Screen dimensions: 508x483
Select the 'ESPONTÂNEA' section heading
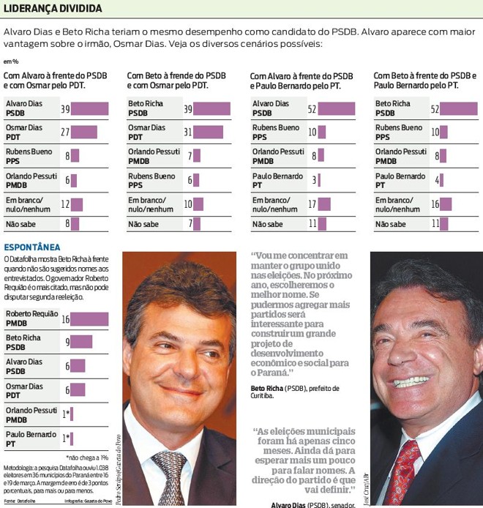(x=32, y=247)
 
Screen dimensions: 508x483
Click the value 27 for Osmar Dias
(x=64, y=132)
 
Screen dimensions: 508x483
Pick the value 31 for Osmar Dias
(x=187, y=132)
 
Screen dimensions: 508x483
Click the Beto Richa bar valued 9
(x=82, y=342)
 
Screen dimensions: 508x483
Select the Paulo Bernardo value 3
(x=313, y=180)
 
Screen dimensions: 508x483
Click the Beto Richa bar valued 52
(x=459, y=108)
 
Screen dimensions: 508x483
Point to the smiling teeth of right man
(x=411, y=381)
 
